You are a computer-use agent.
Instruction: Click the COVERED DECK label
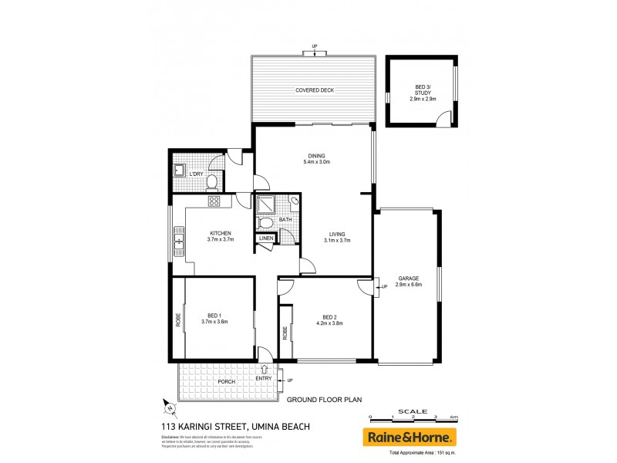(x=314, y=90)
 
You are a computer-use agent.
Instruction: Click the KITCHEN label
(x=220, y=236)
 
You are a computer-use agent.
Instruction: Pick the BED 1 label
(x=214, y=319)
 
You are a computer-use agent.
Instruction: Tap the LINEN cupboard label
(x=266, y=238)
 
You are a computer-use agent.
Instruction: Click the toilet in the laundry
(x=211, y=182)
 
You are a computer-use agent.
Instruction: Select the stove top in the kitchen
(x=214, y=202)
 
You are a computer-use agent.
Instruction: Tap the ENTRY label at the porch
(x=265, y=377)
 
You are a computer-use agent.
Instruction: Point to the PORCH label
(x=227, y=382)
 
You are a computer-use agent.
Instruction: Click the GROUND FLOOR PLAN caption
(x=324, y=400)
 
